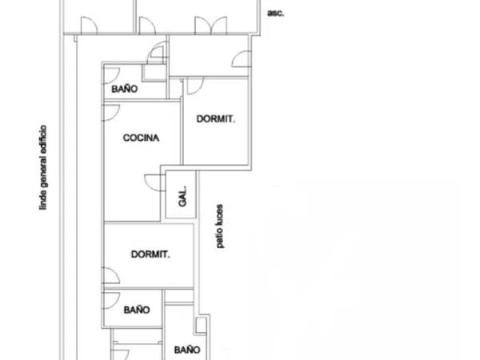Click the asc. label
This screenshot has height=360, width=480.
pos(275,14)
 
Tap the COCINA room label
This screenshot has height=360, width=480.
pos(141,138)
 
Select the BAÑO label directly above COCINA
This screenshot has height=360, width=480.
pos(125,89)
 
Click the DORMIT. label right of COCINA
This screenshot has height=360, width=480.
pos(216,118)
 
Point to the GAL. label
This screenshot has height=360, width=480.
pos(182,196)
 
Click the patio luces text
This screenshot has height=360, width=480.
pos(220,226)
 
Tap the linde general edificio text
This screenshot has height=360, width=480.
pos(43,167)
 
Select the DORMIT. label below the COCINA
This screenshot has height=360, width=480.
pos(150,254)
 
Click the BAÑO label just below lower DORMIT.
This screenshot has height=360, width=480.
pos(137,310)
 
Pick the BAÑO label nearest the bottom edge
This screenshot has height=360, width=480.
pos(187,350)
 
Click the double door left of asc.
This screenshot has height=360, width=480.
pos(211,25)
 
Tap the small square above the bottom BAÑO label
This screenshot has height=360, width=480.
pos(201,325)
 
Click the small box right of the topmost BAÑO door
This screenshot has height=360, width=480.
pos(154,73)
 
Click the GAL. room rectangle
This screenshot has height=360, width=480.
pos(181,194)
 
